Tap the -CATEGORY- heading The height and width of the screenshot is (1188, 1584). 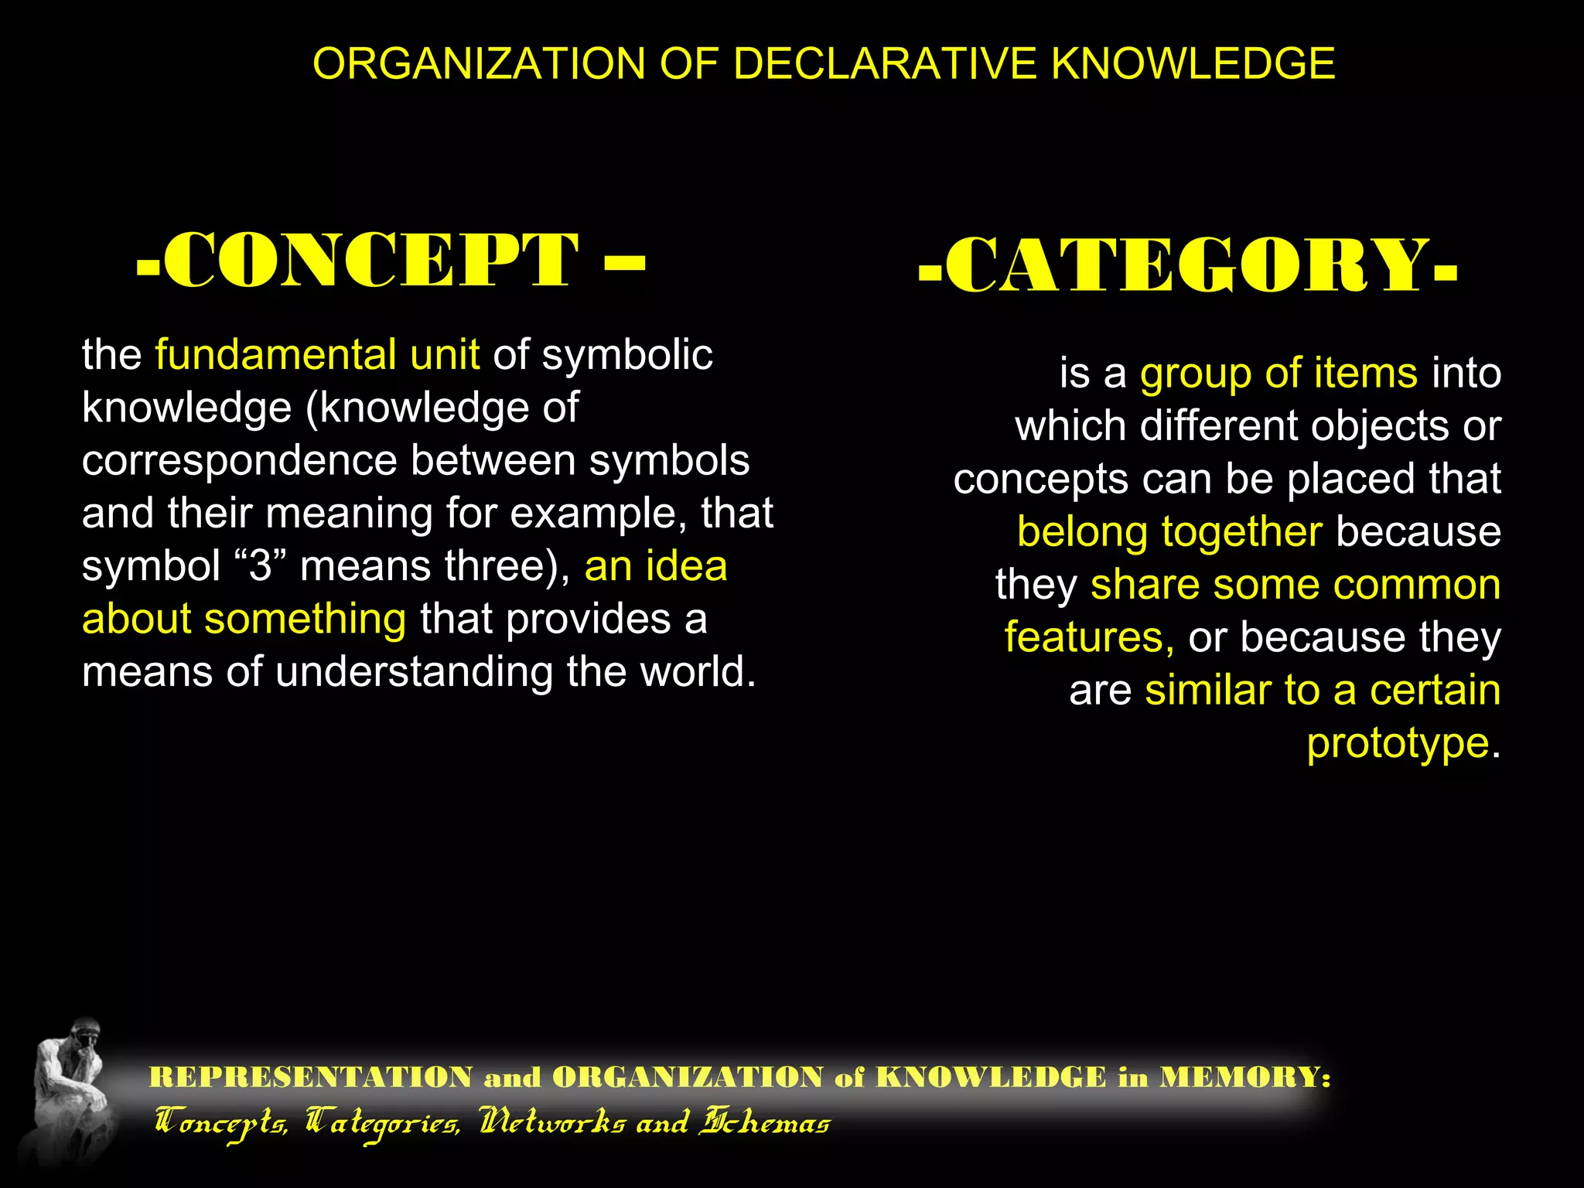pos(1188,265)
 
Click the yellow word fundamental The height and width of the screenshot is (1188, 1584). pos(275,355)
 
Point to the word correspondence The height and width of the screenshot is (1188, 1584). pos(239,461)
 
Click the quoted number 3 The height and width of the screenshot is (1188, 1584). pos(261,566)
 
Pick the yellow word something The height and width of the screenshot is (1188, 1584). pos(305,620)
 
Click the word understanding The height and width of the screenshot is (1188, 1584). pos(413,672)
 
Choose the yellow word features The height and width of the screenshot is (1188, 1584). pos(1086,638)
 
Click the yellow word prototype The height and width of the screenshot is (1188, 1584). pos(1398,743)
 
